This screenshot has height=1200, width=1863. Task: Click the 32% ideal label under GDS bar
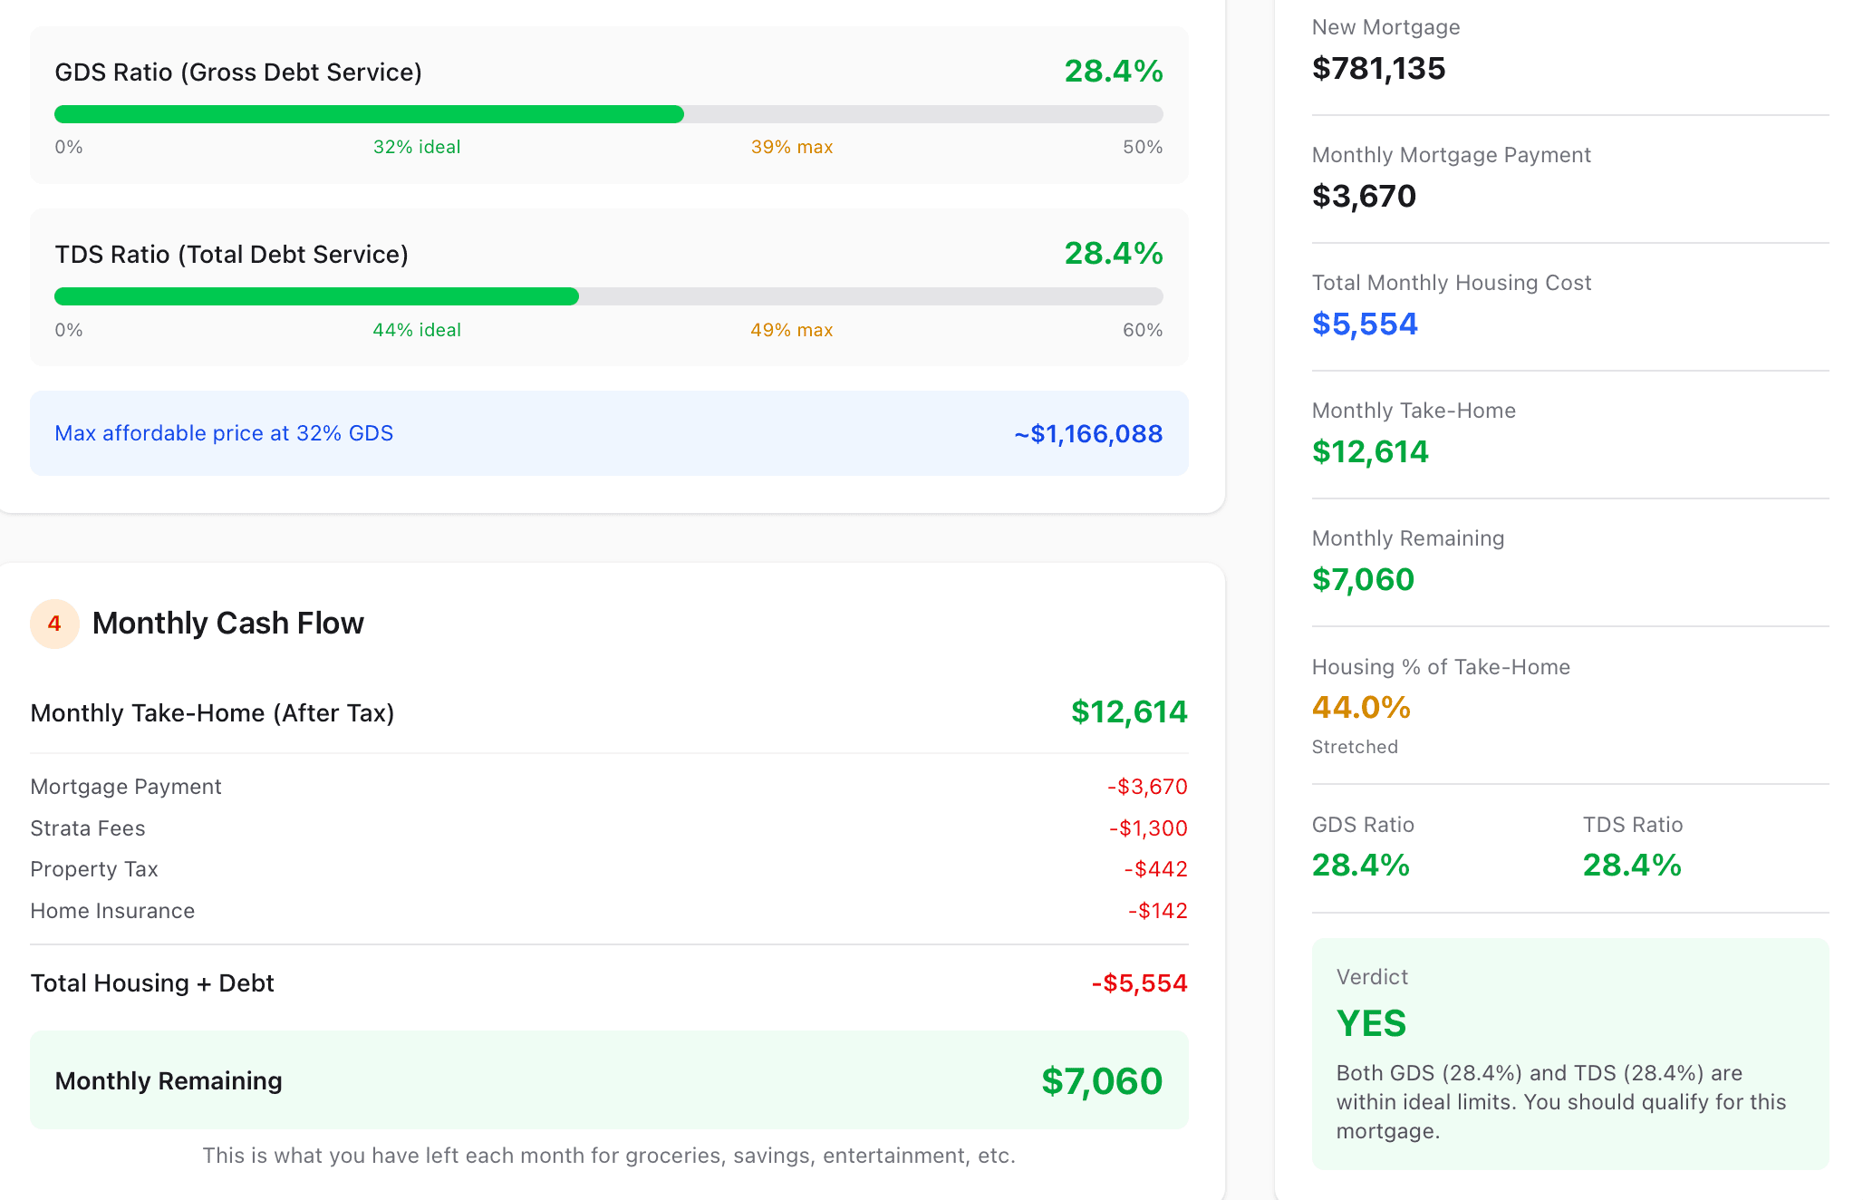[x=417, y=147]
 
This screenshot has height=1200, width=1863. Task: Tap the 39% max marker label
[x=791, y=147]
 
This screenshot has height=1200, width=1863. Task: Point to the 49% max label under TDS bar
[x=791, y=330]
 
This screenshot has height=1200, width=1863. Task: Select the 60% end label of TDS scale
[x=1142, y=330]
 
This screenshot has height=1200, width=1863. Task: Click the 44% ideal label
[x=417, y=330]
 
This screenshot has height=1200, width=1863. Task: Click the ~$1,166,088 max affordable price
[x=1087, y=433]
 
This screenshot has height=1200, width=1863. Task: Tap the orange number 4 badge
[x=54, y=624]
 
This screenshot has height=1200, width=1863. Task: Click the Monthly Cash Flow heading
[x=227, y=624]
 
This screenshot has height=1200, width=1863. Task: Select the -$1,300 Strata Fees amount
[x=1147, y=828]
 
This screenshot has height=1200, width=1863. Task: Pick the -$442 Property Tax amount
[x=1155, y=869]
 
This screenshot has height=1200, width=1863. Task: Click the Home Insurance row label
[x=112, y=911]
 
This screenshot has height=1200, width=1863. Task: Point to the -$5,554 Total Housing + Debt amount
[x=1139, y=983]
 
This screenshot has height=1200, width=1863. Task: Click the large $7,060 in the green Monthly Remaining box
[x=1101, y=1081]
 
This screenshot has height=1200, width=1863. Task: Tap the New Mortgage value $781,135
[x=1378, y=69]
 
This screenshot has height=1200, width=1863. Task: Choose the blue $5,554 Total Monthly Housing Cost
[x=1365, y=324]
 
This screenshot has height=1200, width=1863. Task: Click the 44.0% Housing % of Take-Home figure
[x=1361, y=708]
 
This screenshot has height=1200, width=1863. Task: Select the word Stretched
[x=1355, y=747]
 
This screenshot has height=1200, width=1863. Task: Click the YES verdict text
[x=1371, y=1023]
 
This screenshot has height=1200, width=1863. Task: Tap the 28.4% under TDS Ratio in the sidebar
[x=1631, y=866]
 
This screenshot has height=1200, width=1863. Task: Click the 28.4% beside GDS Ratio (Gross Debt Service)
[x=1113, y=72]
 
